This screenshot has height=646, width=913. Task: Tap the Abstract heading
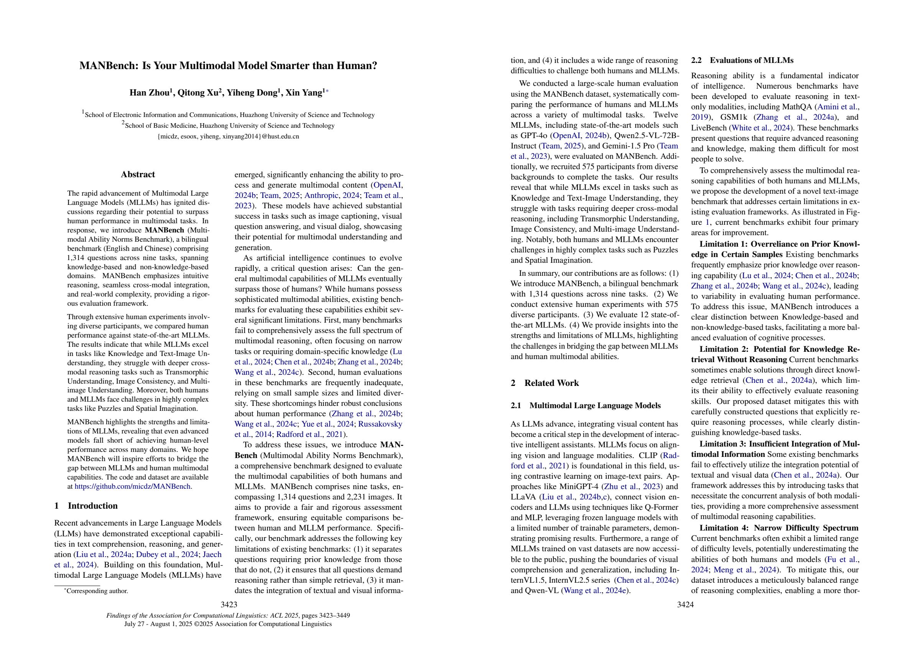[x=138, y=174]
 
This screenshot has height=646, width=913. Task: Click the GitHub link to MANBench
[x=133, y=486]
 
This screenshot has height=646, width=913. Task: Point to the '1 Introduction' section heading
[x=86, y=506]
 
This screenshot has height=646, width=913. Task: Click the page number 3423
[x=229, y=605]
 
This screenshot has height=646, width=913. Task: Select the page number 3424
[x=685, y=605]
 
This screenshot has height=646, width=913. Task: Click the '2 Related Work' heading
[x=545, y=383]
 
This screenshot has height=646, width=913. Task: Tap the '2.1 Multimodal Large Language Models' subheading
[x=585, y=405]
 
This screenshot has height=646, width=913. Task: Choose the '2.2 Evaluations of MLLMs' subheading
[x=742, y=61]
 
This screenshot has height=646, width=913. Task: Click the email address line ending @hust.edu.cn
[x=228, y=137]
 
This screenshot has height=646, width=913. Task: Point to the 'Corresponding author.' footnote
[x=97, y=591]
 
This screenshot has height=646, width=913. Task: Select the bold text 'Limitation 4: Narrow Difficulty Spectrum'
[x=778, y=528]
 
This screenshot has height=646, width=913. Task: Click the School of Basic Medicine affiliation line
[x=229, y=126]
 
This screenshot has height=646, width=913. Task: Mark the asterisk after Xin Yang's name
[x=327, y=92]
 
